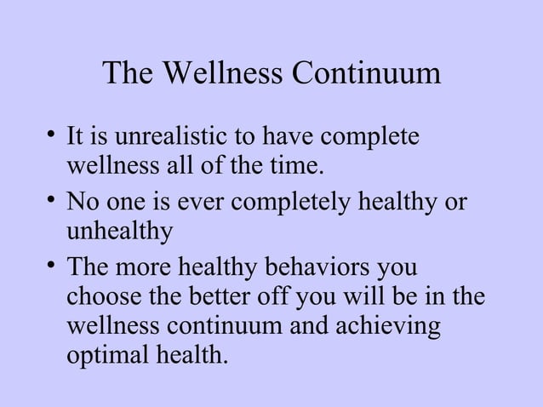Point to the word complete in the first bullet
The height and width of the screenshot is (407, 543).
(x=374, y=137)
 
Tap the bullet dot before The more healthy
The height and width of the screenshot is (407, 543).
(x=53, y=267)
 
